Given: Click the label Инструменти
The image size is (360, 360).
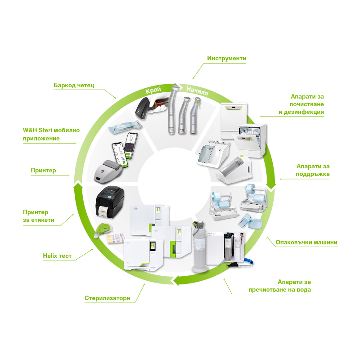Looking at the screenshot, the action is point(226,58).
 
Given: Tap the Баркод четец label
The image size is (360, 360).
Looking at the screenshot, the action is point(74,85).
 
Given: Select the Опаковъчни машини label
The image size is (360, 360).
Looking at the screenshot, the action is point(306,242).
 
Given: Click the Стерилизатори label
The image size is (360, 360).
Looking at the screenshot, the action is point(107,298).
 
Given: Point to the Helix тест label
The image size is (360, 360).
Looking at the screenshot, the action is point(57,256).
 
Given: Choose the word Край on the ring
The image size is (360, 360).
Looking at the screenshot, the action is point(153,90).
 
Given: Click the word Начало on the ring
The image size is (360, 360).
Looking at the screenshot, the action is point(197,91).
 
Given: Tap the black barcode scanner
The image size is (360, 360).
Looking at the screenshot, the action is point(144,108).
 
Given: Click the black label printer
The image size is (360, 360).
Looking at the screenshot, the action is point(110,202).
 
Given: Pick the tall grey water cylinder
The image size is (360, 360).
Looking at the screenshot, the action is point(199,247).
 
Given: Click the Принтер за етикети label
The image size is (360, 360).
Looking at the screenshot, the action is point(39,216).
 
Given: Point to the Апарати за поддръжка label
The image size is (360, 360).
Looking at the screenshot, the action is point(312,170).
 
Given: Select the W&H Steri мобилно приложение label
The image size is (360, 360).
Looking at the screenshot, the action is point(51,134).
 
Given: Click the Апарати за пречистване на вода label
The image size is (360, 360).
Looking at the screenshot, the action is point(279,286).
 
